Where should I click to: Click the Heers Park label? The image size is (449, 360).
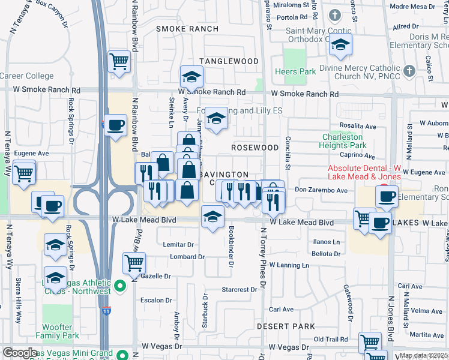pos(295,72)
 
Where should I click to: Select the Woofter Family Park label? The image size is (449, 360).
pos(58,332)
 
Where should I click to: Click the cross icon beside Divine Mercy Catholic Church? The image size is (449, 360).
pos(409,71)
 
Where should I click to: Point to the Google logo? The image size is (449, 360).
pos(20,353)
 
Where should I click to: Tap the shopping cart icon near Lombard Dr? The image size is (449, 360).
pos(134,262)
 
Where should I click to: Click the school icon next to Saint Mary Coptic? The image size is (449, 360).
pos(340,45)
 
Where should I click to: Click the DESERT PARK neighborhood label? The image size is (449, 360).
pos(286,326)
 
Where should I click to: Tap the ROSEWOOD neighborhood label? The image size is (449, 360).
pos(255,148)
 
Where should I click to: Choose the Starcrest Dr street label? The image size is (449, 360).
pos(239,289)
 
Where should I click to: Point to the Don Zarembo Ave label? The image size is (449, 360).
pos(321,190)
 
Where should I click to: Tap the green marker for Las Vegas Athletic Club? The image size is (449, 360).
pos(120,287)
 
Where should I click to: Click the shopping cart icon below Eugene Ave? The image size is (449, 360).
pos(23,173)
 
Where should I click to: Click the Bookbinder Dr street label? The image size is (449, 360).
pos(232,247)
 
